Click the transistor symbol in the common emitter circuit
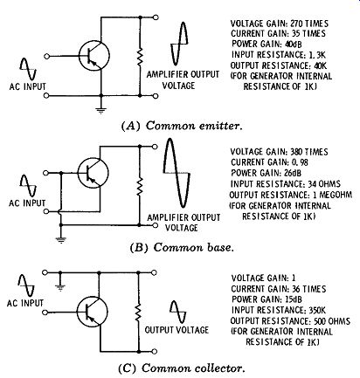coord(94,56)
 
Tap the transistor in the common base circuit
coord(93,173)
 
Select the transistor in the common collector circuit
coord(93,312)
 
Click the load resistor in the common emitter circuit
coord(140,58)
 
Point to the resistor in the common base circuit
coord(140,186)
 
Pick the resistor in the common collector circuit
coord(138,312)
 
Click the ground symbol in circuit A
coord(101,111)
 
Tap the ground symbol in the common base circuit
coord(61,240)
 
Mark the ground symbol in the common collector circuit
coord(60,288)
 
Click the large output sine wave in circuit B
coord(177,173)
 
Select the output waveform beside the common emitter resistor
coord(179,44)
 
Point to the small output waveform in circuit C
coord(178,313)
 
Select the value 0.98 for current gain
coord(300,162)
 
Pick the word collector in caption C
coord(219,368)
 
